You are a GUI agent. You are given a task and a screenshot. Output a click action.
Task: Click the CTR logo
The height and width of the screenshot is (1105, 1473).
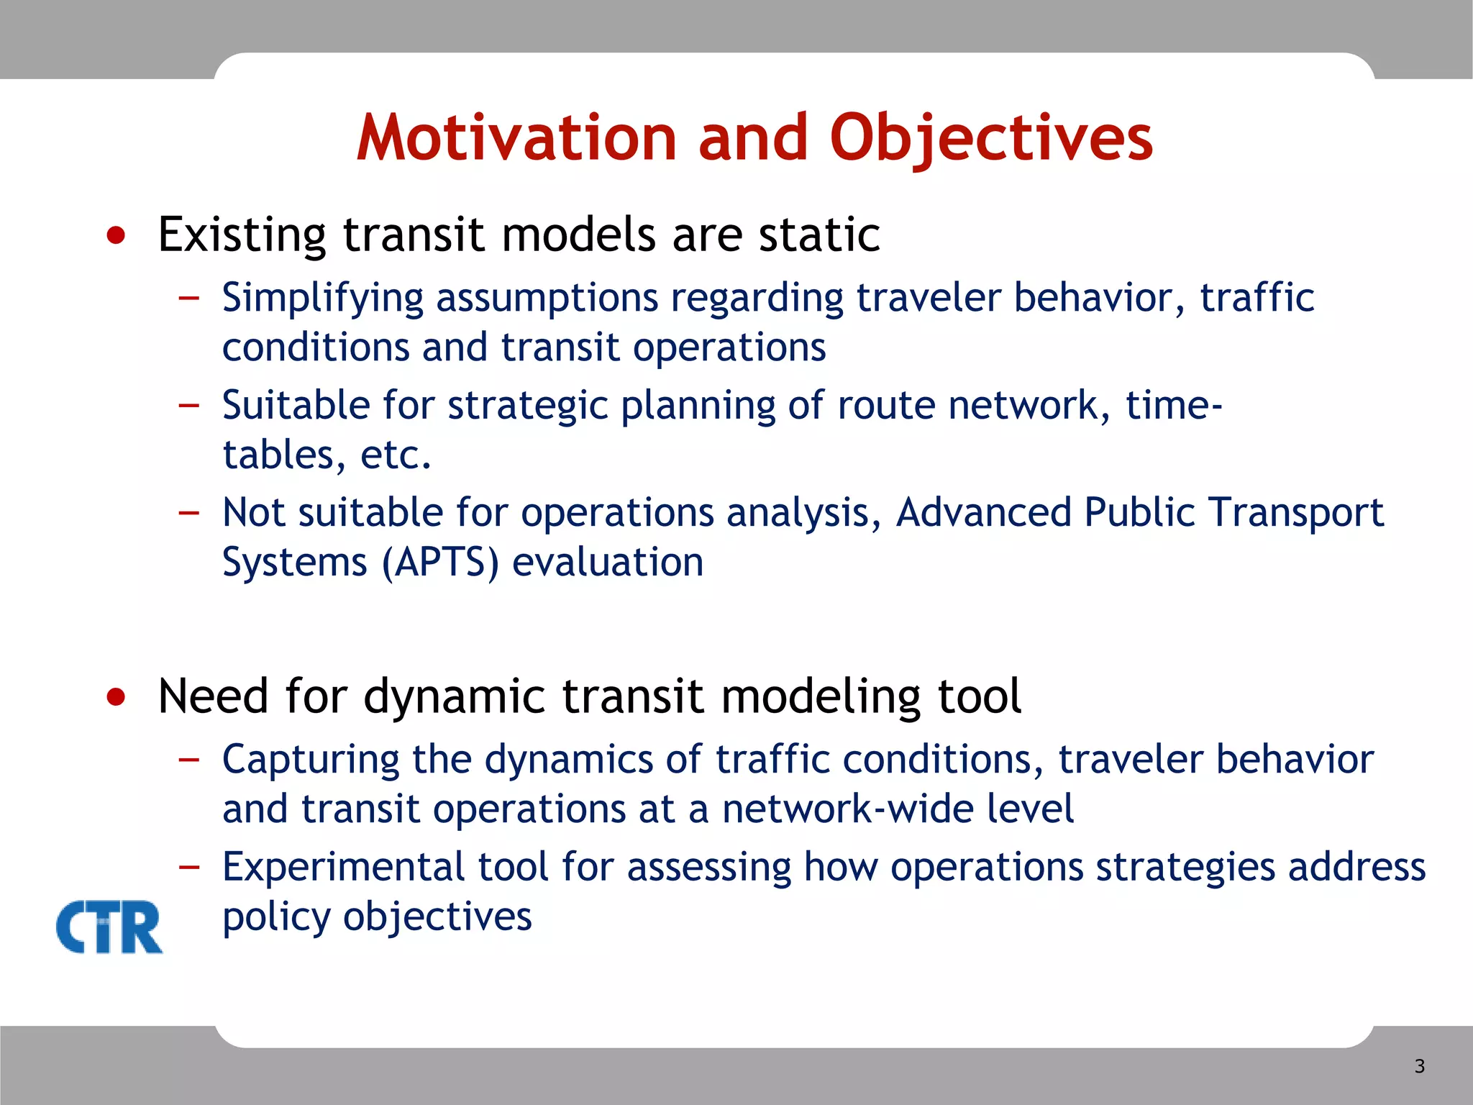pos(109,927)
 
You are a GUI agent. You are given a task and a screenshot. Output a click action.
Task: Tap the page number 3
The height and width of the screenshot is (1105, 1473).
pos(1419,1066)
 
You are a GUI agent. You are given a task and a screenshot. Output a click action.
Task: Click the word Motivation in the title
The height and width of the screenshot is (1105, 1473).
pos(516,138)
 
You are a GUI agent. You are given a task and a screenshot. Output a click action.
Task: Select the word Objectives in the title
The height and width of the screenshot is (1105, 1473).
pos(990,138)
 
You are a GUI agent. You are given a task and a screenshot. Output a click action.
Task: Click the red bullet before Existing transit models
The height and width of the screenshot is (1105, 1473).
pos(116,235)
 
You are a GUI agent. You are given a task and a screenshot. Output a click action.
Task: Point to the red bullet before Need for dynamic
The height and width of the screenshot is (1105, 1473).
pos(116,696)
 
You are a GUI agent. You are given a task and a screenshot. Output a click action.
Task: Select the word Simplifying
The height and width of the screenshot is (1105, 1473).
pos(322,299)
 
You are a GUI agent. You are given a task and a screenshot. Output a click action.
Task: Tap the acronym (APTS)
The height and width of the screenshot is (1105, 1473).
pos(439,562)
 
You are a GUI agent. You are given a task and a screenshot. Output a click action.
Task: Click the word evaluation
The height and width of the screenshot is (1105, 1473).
pos(607,562)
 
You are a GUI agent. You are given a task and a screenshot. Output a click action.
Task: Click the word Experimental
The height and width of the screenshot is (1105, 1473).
pos(344,867)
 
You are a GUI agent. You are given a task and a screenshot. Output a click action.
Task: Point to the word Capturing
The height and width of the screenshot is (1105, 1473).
pos(311,760)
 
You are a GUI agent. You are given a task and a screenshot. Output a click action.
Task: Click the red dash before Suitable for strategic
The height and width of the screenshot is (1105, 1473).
pos(188,405)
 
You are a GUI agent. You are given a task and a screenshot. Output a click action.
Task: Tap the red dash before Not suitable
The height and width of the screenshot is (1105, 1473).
pos(188,512)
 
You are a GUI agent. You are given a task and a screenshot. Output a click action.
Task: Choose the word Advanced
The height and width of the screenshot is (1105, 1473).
pos(983,512)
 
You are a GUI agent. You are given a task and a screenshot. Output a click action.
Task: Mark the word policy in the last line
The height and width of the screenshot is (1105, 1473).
pos(275,917)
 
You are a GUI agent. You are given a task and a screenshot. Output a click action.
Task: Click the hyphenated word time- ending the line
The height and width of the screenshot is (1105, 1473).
pos(1174,405)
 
